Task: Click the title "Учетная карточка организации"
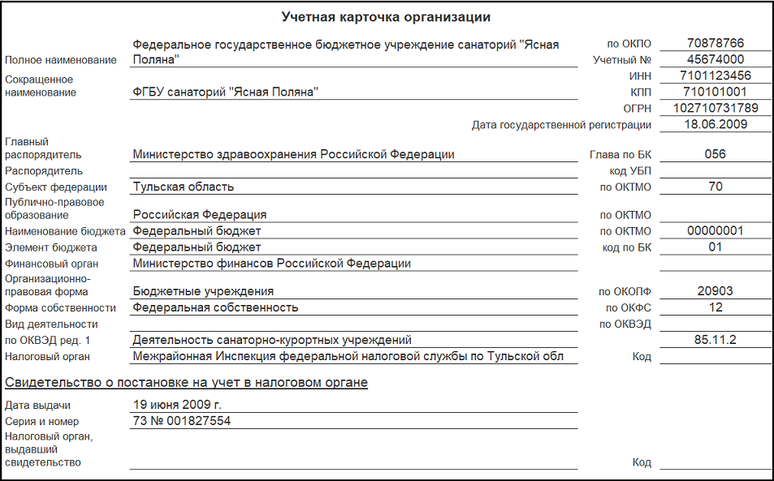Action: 386,16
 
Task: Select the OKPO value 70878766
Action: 715,43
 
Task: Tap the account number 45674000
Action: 715,59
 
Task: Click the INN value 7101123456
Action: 715,75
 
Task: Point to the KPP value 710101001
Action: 715,92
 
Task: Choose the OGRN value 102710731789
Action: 715,108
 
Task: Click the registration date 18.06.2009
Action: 715,124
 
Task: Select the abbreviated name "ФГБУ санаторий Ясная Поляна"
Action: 225,92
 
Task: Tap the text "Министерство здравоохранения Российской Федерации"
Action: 293,154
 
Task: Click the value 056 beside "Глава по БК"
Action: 715,154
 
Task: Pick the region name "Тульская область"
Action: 184,187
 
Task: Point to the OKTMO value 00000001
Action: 715,230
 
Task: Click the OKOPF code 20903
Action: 715,290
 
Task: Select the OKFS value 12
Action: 715,307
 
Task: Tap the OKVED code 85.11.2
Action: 715,340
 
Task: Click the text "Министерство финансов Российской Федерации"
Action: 272,263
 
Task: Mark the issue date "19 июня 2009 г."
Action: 177,404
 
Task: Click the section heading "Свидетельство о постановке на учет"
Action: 186,382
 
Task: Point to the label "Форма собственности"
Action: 60,308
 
